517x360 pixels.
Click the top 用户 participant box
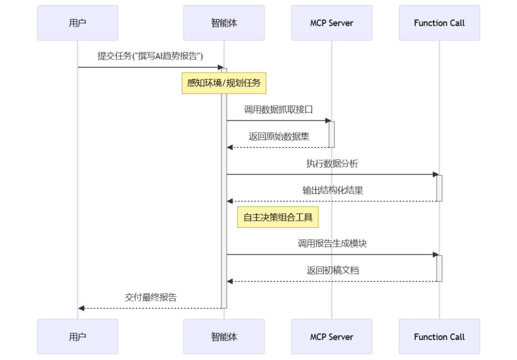[78, 23]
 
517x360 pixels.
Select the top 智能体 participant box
[224, 23]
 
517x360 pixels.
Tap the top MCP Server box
[331, 23]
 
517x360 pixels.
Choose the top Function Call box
[439, 23]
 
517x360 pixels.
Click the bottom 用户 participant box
[78, 337]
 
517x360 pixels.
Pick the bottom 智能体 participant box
[224, 337]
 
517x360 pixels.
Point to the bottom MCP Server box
[331, 337]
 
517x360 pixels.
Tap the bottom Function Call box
[439, 337]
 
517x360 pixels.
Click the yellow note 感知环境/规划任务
[224, 83]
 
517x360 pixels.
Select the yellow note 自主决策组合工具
[278, 217]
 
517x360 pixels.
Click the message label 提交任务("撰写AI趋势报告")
[150, 56]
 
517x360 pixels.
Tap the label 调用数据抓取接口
[279, 110]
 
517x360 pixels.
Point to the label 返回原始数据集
[279, 136]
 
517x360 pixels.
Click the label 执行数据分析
[332, 164]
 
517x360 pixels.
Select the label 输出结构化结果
[332, 191]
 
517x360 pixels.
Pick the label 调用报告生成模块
[332, 244]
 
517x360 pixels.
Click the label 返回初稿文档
[332, 270]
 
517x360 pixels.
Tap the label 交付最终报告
[150, 297]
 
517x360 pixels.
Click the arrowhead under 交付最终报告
[81, 308]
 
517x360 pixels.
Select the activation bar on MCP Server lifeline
[331, 134]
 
